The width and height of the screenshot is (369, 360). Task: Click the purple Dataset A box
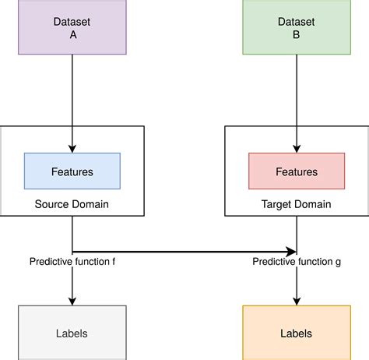point(72,27)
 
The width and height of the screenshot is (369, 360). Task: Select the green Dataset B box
point(296,27)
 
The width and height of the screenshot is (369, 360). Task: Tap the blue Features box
point(72,171)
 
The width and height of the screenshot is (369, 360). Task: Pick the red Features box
point(296,171)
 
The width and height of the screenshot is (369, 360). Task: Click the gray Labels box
point(72,333)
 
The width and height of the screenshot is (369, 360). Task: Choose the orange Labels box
point(296,333)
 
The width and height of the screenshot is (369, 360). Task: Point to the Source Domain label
point(72,204)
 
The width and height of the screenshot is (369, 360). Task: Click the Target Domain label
point(296,204)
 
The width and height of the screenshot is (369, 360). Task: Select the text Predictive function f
point(72,262)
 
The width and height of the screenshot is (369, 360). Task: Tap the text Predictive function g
point(297,262)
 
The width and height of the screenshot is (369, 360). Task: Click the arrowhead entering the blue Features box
point(72,148)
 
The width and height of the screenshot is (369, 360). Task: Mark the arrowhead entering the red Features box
point(296,148)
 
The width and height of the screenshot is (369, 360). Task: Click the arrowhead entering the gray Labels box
point(72,301)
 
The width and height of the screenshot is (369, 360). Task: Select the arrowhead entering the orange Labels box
point(296,301)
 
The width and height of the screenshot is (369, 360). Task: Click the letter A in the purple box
point(72,34)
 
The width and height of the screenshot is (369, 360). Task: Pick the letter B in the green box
point(296,34)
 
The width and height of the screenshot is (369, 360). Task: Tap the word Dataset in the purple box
point(72,21)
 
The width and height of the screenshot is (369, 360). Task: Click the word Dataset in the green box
point(296,21)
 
